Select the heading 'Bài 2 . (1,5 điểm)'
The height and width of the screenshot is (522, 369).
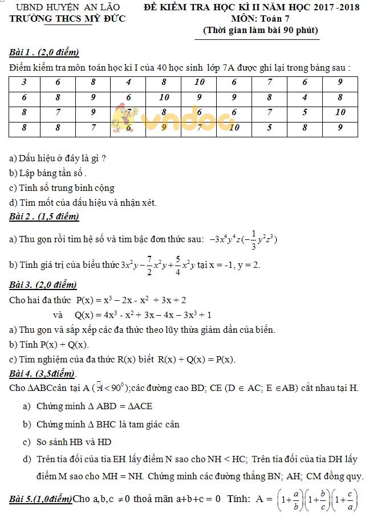(x=44, y=217)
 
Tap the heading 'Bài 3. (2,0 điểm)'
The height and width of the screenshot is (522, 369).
(x=43, y=285)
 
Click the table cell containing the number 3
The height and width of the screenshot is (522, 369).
(x=24, y=82)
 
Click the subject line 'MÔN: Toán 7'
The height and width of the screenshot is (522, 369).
(x=261, y=19)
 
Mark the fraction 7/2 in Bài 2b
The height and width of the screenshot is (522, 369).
(x=150, y=265)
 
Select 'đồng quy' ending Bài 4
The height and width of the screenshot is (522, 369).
(x=343, y=476)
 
